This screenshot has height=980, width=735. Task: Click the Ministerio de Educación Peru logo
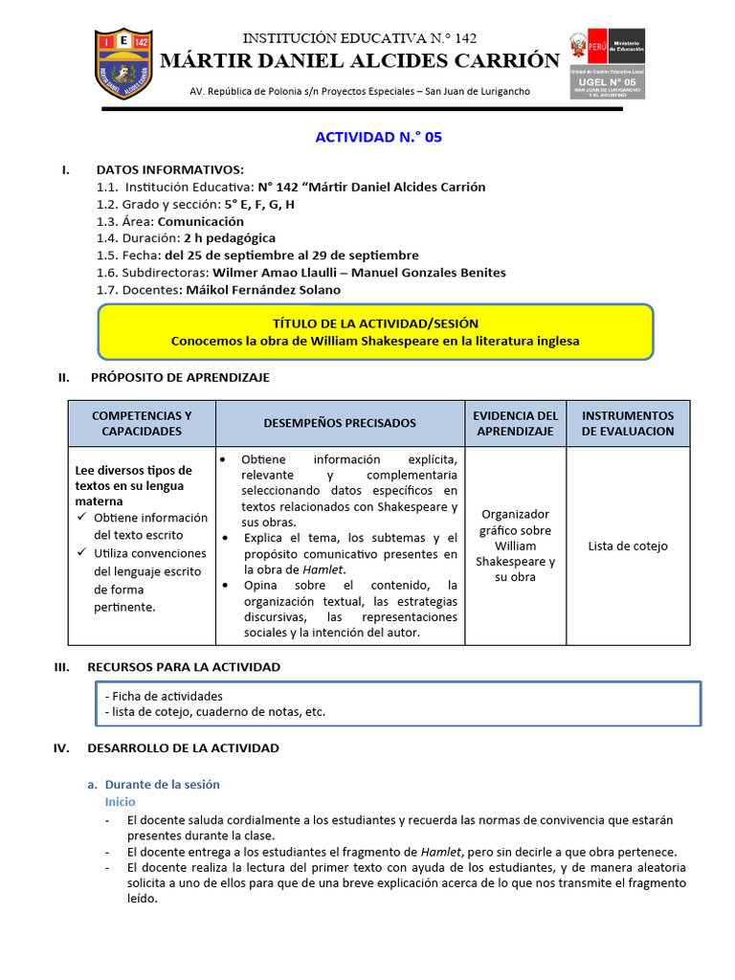point(607,63)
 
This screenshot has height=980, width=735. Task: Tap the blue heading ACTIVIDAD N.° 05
point(378,138)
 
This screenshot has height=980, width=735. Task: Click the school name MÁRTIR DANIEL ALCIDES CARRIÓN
point(359,61)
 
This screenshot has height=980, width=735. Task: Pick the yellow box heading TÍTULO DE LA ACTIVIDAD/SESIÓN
point(375,323)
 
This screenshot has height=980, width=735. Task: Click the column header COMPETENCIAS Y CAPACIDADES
point(142,423)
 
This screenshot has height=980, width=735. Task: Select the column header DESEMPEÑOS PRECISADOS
point(340,423)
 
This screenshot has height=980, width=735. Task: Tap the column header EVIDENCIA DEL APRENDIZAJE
point(515,423)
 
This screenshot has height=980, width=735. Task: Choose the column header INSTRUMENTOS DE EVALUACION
point(628,423)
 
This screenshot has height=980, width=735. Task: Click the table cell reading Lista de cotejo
point(628,546)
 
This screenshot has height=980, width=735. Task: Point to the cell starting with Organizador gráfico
point(515,546)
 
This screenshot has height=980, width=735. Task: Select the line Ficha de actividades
point(164,696)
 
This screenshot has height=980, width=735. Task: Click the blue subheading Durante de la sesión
point(162,784)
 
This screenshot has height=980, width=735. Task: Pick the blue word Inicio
point(120,802)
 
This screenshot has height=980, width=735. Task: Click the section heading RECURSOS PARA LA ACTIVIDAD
point(184,666)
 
